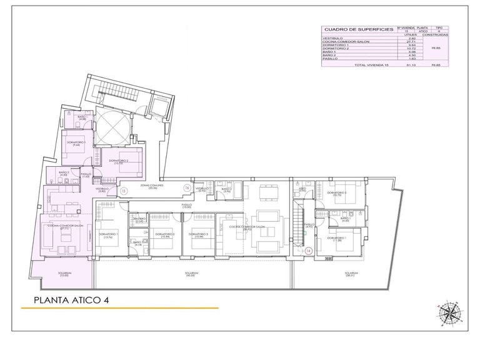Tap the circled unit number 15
124,190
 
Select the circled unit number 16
186,187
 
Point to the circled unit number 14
308,251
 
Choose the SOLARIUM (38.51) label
351,274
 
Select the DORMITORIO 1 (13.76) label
106,235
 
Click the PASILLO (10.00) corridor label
186,205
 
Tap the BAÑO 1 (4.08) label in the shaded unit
81,117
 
